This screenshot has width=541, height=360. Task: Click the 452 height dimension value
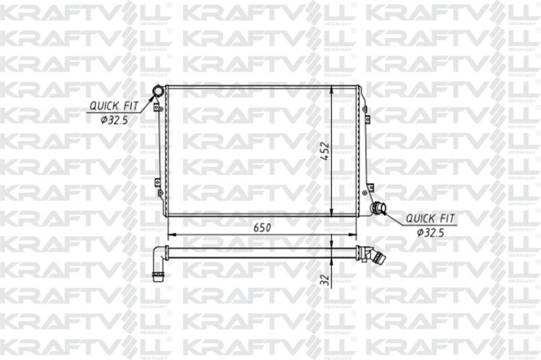[x=324, y=151]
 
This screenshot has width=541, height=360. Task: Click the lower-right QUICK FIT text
[x=430, y=219]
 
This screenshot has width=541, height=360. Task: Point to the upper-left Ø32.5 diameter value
[x=114, y=120]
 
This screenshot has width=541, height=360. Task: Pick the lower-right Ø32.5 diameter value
[x=431, y=233]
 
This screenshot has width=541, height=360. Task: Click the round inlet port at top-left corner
[x=157, y=93]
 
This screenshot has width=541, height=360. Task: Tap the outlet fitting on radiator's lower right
[x=378, y=208]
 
